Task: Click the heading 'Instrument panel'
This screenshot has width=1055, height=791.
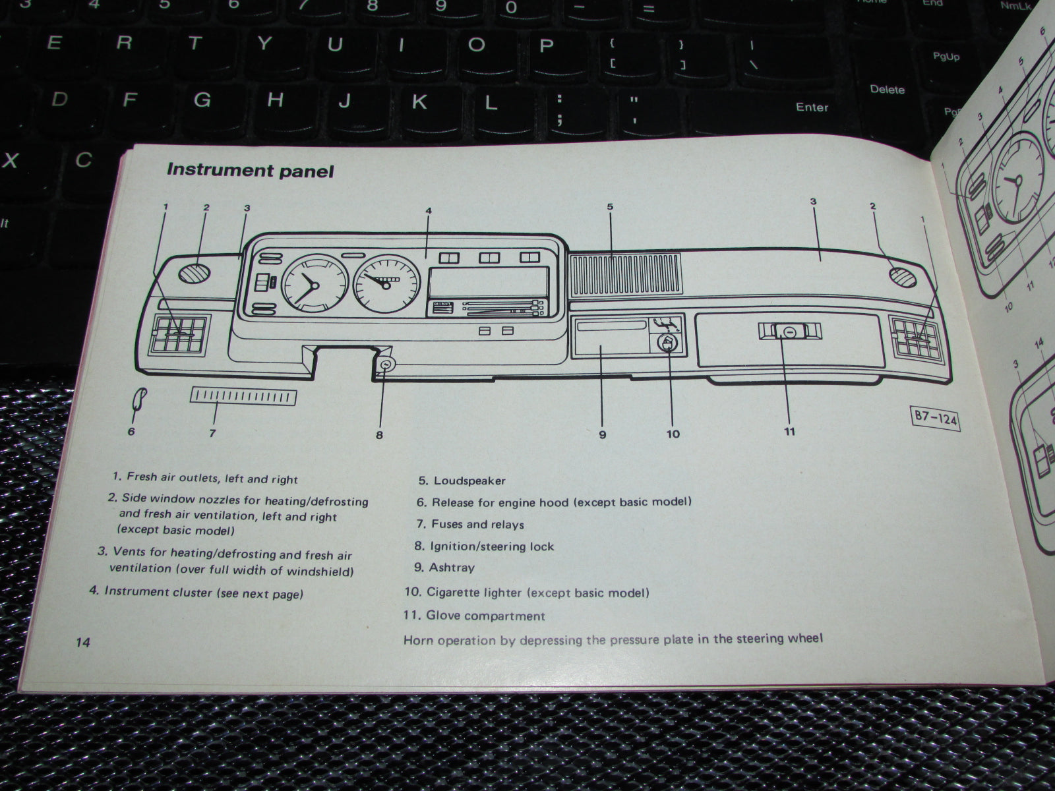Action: tap(250, 170)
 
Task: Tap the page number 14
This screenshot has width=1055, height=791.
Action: tap(82, 643)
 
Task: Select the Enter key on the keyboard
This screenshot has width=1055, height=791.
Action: tap(812, 107)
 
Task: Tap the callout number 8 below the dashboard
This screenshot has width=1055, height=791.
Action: tap(379, 434)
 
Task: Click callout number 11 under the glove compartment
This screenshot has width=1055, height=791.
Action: tap(789, 432)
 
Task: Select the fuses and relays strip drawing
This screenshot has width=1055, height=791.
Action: tap(243, 397)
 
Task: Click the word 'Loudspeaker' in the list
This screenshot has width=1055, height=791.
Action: tap(469, 481)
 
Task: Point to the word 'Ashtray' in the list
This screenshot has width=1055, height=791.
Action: tap(452, 568)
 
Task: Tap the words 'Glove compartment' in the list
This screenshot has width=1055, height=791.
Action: tap(485, 616)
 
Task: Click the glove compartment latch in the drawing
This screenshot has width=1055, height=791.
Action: tap(789, 333)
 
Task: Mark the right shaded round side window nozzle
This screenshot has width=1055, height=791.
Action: tap(902, 276)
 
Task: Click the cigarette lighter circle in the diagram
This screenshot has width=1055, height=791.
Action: tap(667, 343)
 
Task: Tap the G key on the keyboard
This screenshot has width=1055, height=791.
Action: tap(202, 100)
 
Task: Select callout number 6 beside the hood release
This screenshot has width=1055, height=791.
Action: tap(131, 431)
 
